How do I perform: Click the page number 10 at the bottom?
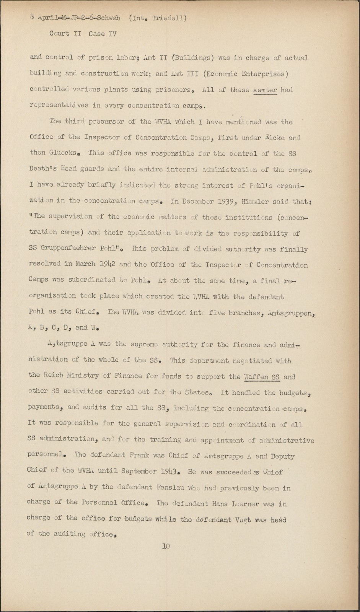[166, 546]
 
